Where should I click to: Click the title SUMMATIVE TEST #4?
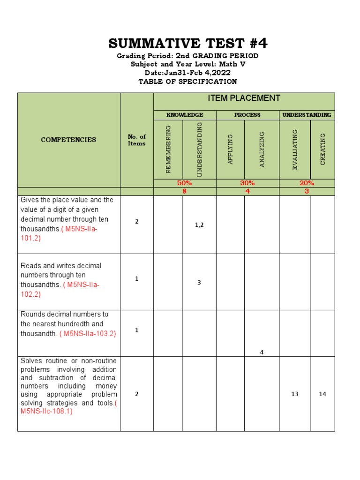(188, 44)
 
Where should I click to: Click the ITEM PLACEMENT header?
(244, 98)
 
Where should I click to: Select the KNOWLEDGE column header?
(185, 115)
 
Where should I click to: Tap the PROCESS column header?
(247, 115)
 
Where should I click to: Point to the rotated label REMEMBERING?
(168, 150)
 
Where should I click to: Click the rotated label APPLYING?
(230, 150)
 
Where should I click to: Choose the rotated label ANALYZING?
(262, 150)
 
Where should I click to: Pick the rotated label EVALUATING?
(295, 150)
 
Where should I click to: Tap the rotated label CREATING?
(322, 150)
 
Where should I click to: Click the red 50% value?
(184, 183)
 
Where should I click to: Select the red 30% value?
(247, 183)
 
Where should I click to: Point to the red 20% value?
(307, 183)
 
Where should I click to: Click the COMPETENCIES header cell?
(68, 140)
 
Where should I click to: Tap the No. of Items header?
(136, 140)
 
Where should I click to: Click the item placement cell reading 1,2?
(199, 225)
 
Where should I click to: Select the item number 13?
(294, 394)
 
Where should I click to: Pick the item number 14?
(322, 394)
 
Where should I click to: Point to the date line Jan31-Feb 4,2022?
(187, 73)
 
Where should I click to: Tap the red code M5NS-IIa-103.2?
(88, 334)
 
